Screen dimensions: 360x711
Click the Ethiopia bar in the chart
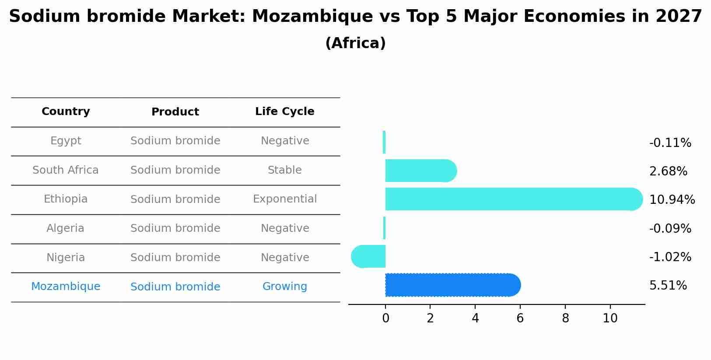point(512,199)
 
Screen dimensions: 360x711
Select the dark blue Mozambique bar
point(451,285)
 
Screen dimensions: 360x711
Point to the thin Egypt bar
point(384,142)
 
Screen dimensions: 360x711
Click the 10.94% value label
point(672,200)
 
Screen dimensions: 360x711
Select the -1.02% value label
point(670,257)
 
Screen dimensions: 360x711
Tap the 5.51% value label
point(668,286)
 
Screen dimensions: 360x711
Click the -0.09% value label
point(670,229)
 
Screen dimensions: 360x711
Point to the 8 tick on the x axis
point(565,318)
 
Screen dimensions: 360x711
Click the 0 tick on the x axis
point(385,318)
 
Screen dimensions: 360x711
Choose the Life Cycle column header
point(284,112)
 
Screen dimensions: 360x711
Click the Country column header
point(66,112)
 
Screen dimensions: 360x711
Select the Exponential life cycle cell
point(284,199)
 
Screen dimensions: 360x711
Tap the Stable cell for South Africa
point(284,170)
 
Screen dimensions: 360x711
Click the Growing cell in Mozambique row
point(284,287)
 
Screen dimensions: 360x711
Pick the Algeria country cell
point(66,228)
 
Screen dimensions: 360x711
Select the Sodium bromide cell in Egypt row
point(175,141)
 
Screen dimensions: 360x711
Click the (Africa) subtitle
point(355,43)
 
